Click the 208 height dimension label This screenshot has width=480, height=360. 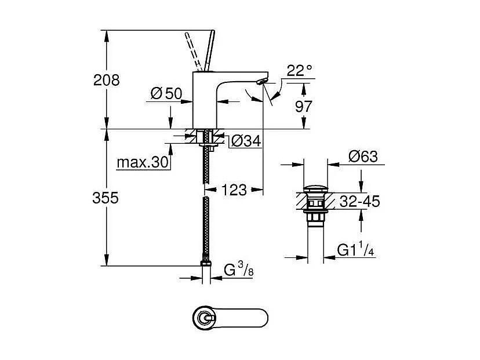pos(107,80)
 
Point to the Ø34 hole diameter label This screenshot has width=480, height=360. pos(243,141)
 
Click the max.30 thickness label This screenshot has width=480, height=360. pos(143,162)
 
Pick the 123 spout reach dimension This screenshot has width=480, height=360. pos(234,190)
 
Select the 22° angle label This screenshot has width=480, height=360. pos(299,71)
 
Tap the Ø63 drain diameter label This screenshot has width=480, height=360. pos(363,157)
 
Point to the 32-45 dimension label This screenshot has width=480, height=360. pos(359,202)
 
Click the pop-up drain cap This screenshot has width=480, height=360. pos(315,188)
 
